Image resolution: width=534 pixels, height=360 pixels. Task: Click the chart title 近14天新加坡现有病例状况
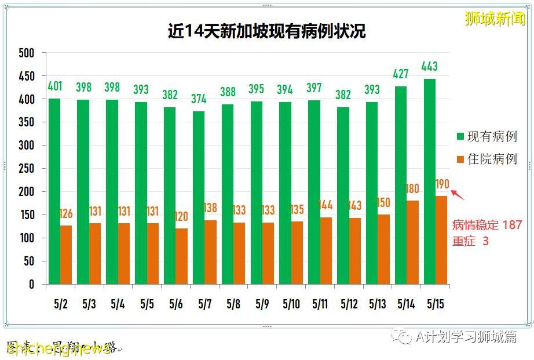tap(266, 31)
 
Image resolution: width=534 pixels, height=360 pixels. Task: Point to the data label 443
tap(429, 66)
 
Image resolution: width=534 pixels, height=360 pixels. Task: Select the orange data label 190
tap(442, 184)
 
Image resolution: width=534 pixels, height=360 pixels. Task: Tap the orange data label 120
tap(181, 216)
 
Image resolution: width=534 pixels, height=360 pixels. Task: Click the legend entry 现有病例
tap(491, 137)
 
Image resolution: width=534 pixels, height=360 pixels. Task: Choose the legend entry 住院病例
tap(491, 159)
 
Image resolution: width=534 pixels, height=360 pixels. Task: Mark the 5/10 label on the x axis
tap(291, 303)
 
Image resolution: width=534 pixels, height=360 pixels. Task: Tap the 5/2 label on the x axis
tap(60, 303)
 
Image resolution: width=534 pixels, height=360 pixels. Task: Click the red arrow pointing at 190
tap(458, 194)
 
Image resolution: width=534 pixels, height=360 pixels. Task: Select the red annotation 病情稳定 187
tap(487, 225)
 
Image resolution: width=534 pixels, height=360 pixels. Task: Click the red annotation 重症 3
tap(470, 241)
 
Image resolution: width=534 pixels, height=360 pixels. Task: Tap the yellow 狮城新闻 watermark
tap(495, 19)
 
